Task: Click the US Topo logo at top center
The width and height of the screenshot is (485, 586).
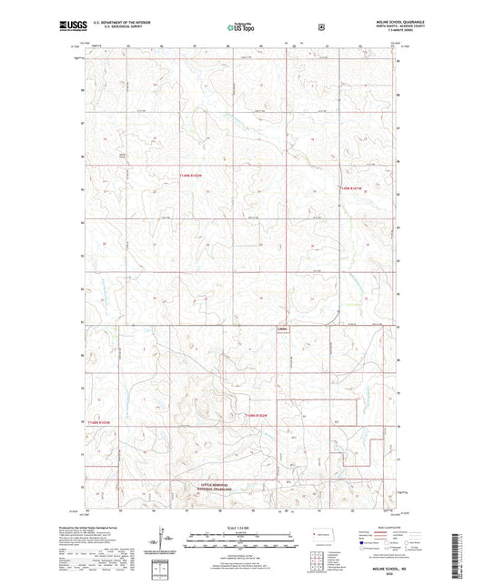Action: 240,27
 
